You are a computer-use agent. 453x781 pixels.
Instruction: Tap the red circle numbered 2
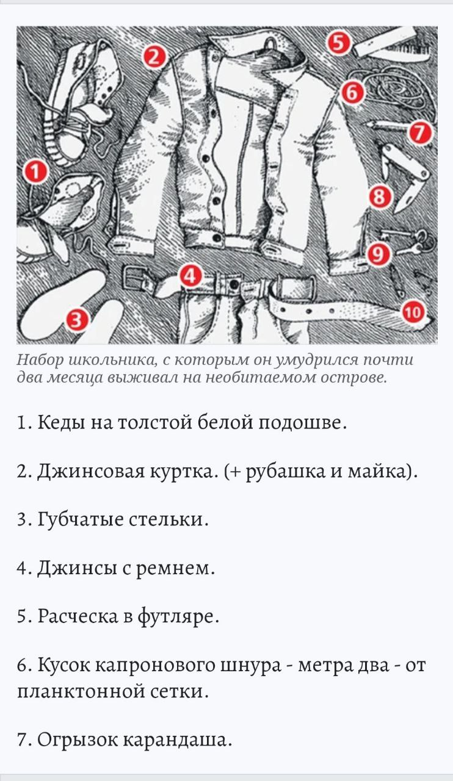(154, 57)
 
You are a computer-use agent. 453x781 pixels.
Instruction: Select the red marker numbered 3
(77, 320)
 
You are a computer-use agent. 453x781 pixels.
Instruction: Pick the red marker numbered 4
(190, 276)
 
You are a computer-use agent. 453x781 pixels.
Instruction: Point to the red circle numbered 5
(338, 43)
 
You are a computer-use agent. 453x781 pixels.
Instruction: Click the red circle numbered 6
(352, 93)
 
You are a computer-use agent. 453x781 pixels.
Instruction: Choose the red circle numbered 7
(420, 133)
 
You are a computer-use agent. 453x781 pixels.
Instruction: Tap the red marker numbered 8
(380, 196)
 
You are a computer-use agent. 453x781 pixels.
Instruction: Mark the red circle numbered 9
(378, 254)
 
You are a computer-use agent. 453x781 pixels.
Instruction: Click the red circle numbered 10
(413, 312)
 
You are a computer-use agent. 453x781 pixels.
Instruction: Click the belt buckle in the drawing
(134, 278)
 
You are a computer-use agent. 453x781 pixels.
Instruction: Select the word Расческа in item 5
(78, 616)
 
